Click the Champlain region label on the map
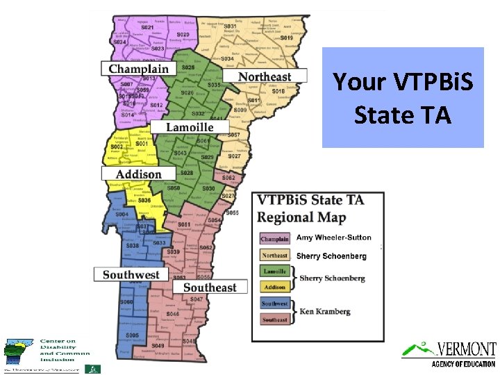pos(138,68)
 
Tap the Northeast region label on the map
pos(264,76)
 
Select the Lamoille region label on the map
pos(189,127)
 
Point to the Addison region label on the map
pos(138,174)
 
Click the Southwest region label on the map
pos(131,274)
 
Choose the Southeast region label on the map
pos(210,287)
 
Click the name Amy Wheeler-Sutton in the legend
pos(333,237)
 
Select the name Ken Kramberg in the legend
pos(324,312)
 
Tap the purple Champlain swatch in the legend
pos(274,239)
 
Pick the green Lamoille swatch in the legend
pos(274,272)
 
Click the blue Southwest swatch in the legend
pos(274,303)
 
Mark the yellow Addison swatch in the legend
pos(274,287)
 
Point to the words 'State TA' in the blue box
pos(403,114)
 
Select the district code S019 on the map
pos(286,37)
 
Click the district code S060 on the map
pos(126,302)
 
